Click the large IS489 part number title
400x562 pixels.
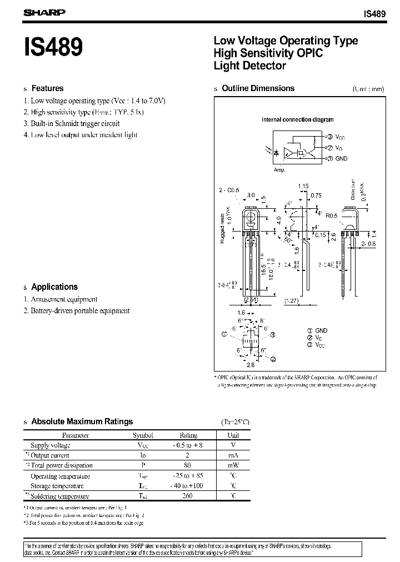(x=54, y=49)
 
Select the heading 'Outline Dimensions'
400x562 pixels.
(x=258, y=88)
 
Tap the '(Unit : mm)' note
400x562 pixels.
(x=368, y=89)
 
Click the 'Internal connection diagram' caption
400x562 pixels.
(x=297, y=119)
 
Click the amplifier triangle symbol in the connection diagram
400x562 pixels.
(x=287, y=153)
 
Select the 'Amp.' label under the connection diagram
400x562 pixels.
(x=279, y=170)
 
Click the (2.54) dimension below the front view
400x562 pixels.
(x=251, y=300)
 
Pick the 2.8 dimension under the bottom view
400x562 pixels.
(x=251, y=365)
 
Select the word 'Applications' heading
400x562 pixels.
(x=54, y=287)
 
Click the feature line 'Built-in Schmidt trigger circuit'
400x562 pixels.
(x=75, y=123)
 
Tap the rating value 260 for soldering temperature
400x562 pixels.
(x=187, y=496)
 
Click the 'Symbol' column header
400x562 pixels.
(x=143, y=435)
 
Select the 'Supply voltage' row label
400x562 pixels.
(x=50, y=445)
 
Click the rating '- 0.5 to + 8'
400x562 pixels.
(x=188, y=445)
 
